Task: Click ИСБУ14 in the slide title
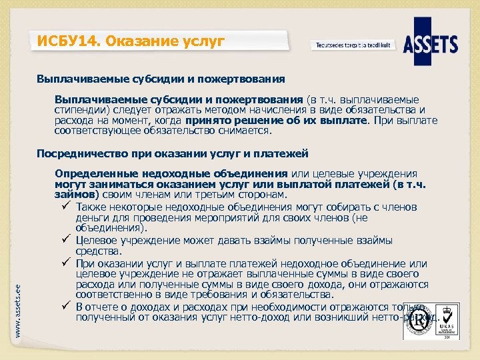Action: (64, 42)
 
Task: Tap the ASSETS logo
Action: (435, 45)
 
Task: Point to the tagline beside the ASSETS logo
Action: (353, 45)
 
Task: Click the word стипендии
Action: (79, 110)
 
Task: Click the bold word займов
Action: (75, 195)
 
